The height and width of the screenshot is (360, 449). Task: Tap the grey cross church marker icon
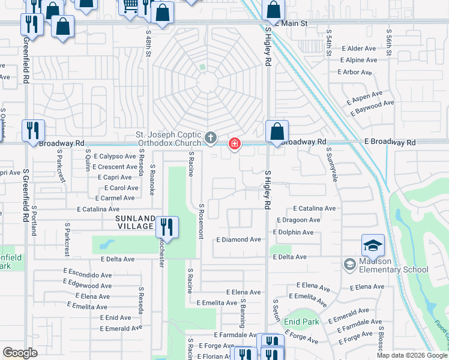click(210, 139)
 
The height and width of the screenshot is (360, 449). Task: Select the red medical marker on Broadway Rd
click(234, 143)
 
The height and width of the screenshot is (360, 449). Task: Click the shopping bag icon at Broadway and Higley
click(277, 131)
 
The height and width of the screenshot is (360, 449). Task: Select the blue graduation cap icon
click(373, 245)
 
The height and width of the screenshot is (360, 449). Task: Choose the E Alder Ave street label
click(358, 48)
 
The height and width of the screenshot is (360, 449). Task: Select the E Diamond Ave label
click(239, 239)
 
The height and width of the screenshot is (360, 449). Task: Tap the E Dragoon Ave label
click(297, 220)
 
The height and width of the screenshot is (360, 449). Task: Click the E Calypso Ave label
click(115, 156)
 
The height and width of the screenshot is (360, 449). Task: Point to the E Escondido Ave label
click(89, 275)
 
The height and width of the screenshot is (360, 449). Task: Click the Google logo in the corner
click(20, 353)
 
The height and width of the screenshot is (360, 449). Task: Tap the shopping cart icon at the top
click(130, 6)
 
